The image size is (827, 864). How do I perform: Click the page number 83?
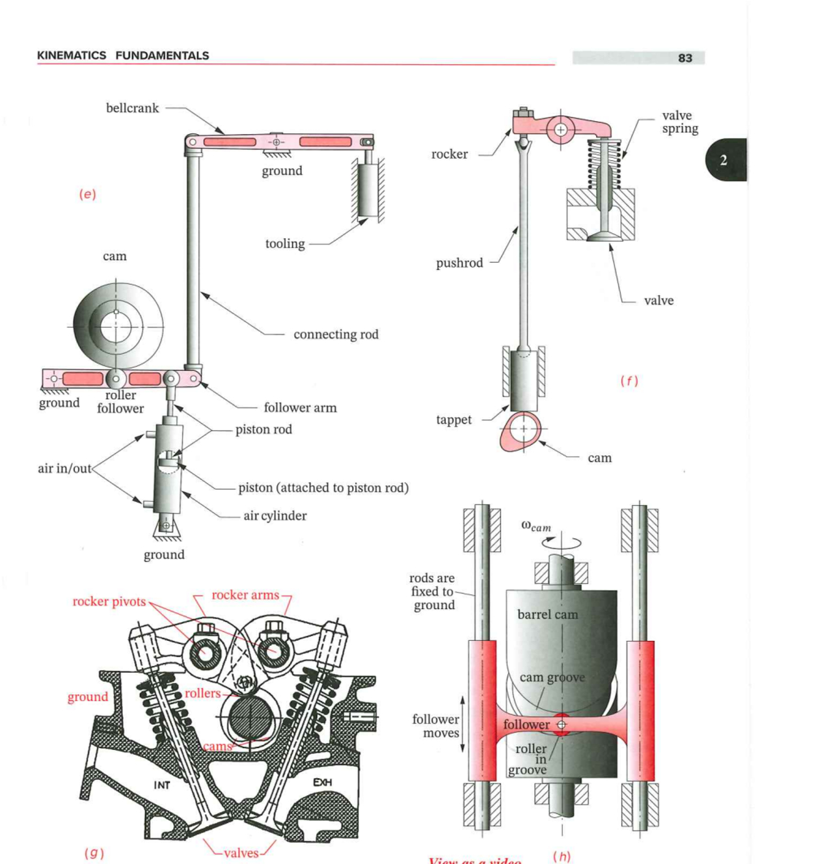pyautogui.click(x=685, y=58)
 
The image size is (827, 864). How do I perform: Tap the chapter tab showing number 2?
pyautogui.click(x=724, y=160)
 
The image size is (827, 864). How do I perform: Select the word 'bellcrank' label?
pyautogui.click(x=132, y=108)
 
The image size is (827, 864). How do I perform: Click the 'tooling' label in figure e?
pyautogui.click(x=285, y=244)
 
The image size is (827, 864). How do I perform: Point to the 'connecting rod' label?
pyautogui.click(x=336, y=334)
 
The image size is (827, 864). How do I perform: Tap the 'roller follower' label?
pyautogui.click(x=120, y=402)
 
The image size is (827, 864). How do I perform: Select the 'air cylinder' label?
pyautogui.click(x=275, y=516)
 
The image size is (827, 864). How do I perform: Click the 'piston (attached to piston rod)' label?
pyautogui.click(x=323, y=488)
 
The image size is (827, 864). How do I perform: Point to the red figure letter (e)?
pyautogui.click(x=87, y=194)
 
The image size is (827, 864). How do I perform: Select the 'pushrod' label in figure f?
pyautogui.click(x=459, y=263)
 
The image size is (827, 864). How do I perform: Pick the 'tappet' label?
pyautogui.click(x=454, y=420)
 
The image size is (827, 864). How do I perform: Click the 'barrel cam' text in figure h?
pyautogui.click(x=547, y=614)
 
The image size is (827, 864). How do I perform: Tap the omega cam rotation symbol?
pyautogui.click(x=536, y=527)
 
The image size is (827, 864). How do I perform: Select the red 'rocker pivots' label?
pyautogui.click(x=109, y=601)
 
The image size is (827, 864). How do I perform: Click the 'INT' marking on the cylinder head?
pyautogui.click(x=162, y=785)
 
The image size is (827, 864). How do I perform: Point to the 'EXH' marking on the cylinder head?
pyautogui.click(x=322, y=782)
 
